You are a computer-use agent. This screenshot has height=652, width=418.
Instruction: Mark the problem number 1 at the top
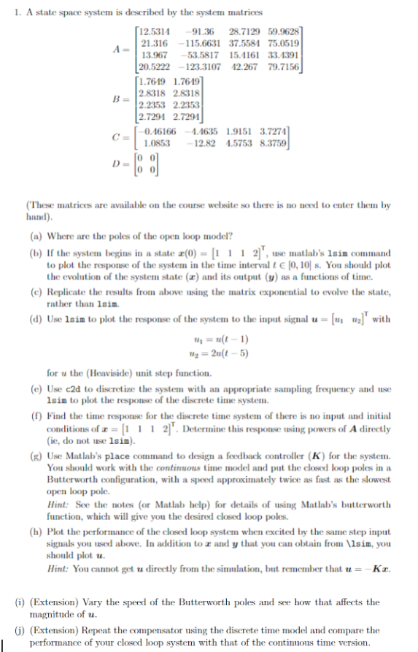click(8, 9)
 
